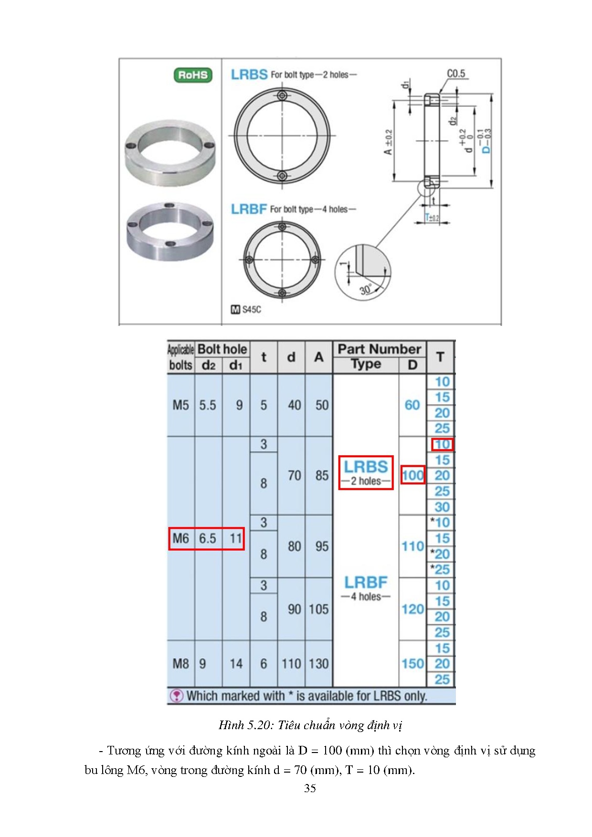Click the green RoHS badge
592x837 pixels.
coord(192,75)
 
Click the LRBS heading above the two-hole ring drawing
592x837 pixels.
coord(249,74)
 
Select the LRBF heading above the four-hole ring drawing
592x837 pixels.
coord(249,209)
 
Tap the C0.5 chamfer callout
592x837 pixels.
coord(455,73)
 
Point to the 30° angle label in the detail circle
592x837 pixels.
coord(366,289)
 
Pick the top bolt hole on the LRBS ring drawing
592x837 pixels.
coord(282,95)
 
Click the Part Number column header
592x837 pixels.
coord(379,349)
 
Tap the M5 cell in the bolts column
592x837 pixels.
coord(180,405)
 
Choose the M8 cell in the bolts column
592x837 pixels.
coord(180,664)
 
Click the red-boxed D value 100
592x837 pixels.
coord(412,475)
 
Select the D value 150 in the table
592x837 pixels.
coord(412,664)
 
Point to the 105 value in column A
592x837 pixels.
coord(318,609)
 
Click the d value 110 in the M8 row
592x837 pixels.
coord(291,664)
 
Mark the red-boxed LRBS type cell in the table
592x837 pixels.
coord(366,472)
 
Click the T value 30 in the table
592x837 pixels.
coord(442,507)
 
